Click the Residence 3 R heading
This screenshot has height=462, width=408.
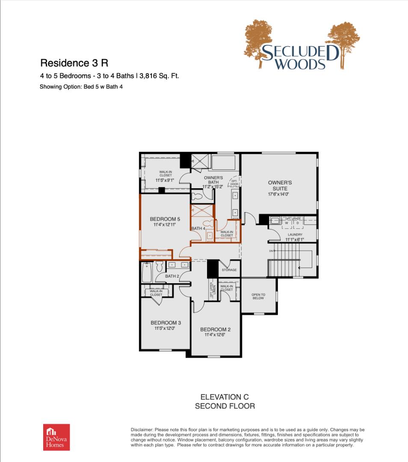click(x=74, y=63)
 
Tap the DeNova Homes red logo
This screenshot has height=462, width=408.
click(x=56, y=437)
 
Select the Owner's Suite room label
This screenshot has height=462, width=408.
click(x=280, y=186)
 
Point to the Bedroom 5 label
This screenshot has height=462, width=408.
click(x=166, y=219)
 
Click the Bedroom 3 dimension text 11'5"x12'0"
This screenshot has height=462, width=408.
click(x=165, y=329)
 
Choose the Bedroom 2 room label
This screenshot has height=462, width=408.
click(x=215, y=329)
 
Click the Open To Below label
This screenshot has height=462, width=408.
click(x=258, y=296)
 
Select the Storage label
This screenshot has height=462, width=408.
click(x=229, y=270)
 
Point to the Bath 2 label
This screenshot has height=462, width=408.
click(x=172, y=276)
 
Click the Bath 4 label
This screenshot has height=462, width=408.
click(x=198, y=228)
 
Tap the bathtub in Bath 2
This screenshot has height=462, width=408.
click(x=147, y=272)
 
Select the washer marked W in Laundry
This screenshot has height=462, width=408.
click(x=287, y=223)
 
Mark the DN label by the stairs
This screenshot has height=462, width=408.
click(x=271, y=251)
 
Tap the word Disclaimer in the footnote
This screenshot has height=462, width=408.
click(x=141, y=429)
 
